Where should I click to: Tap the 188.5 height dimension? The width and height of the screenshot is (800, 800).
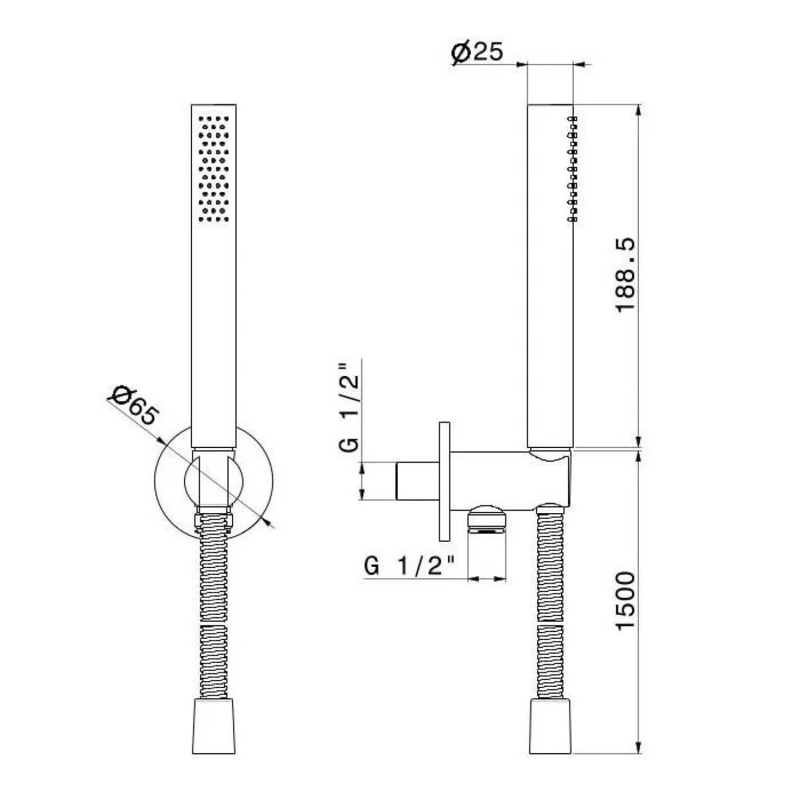click(x=625, y=275)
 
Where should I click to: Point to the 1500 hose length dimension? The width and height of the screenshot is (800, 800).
click(x=625, y=601)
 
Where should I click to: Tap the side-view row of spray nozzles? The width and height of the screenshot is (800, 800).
click(x=573, y=168)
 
